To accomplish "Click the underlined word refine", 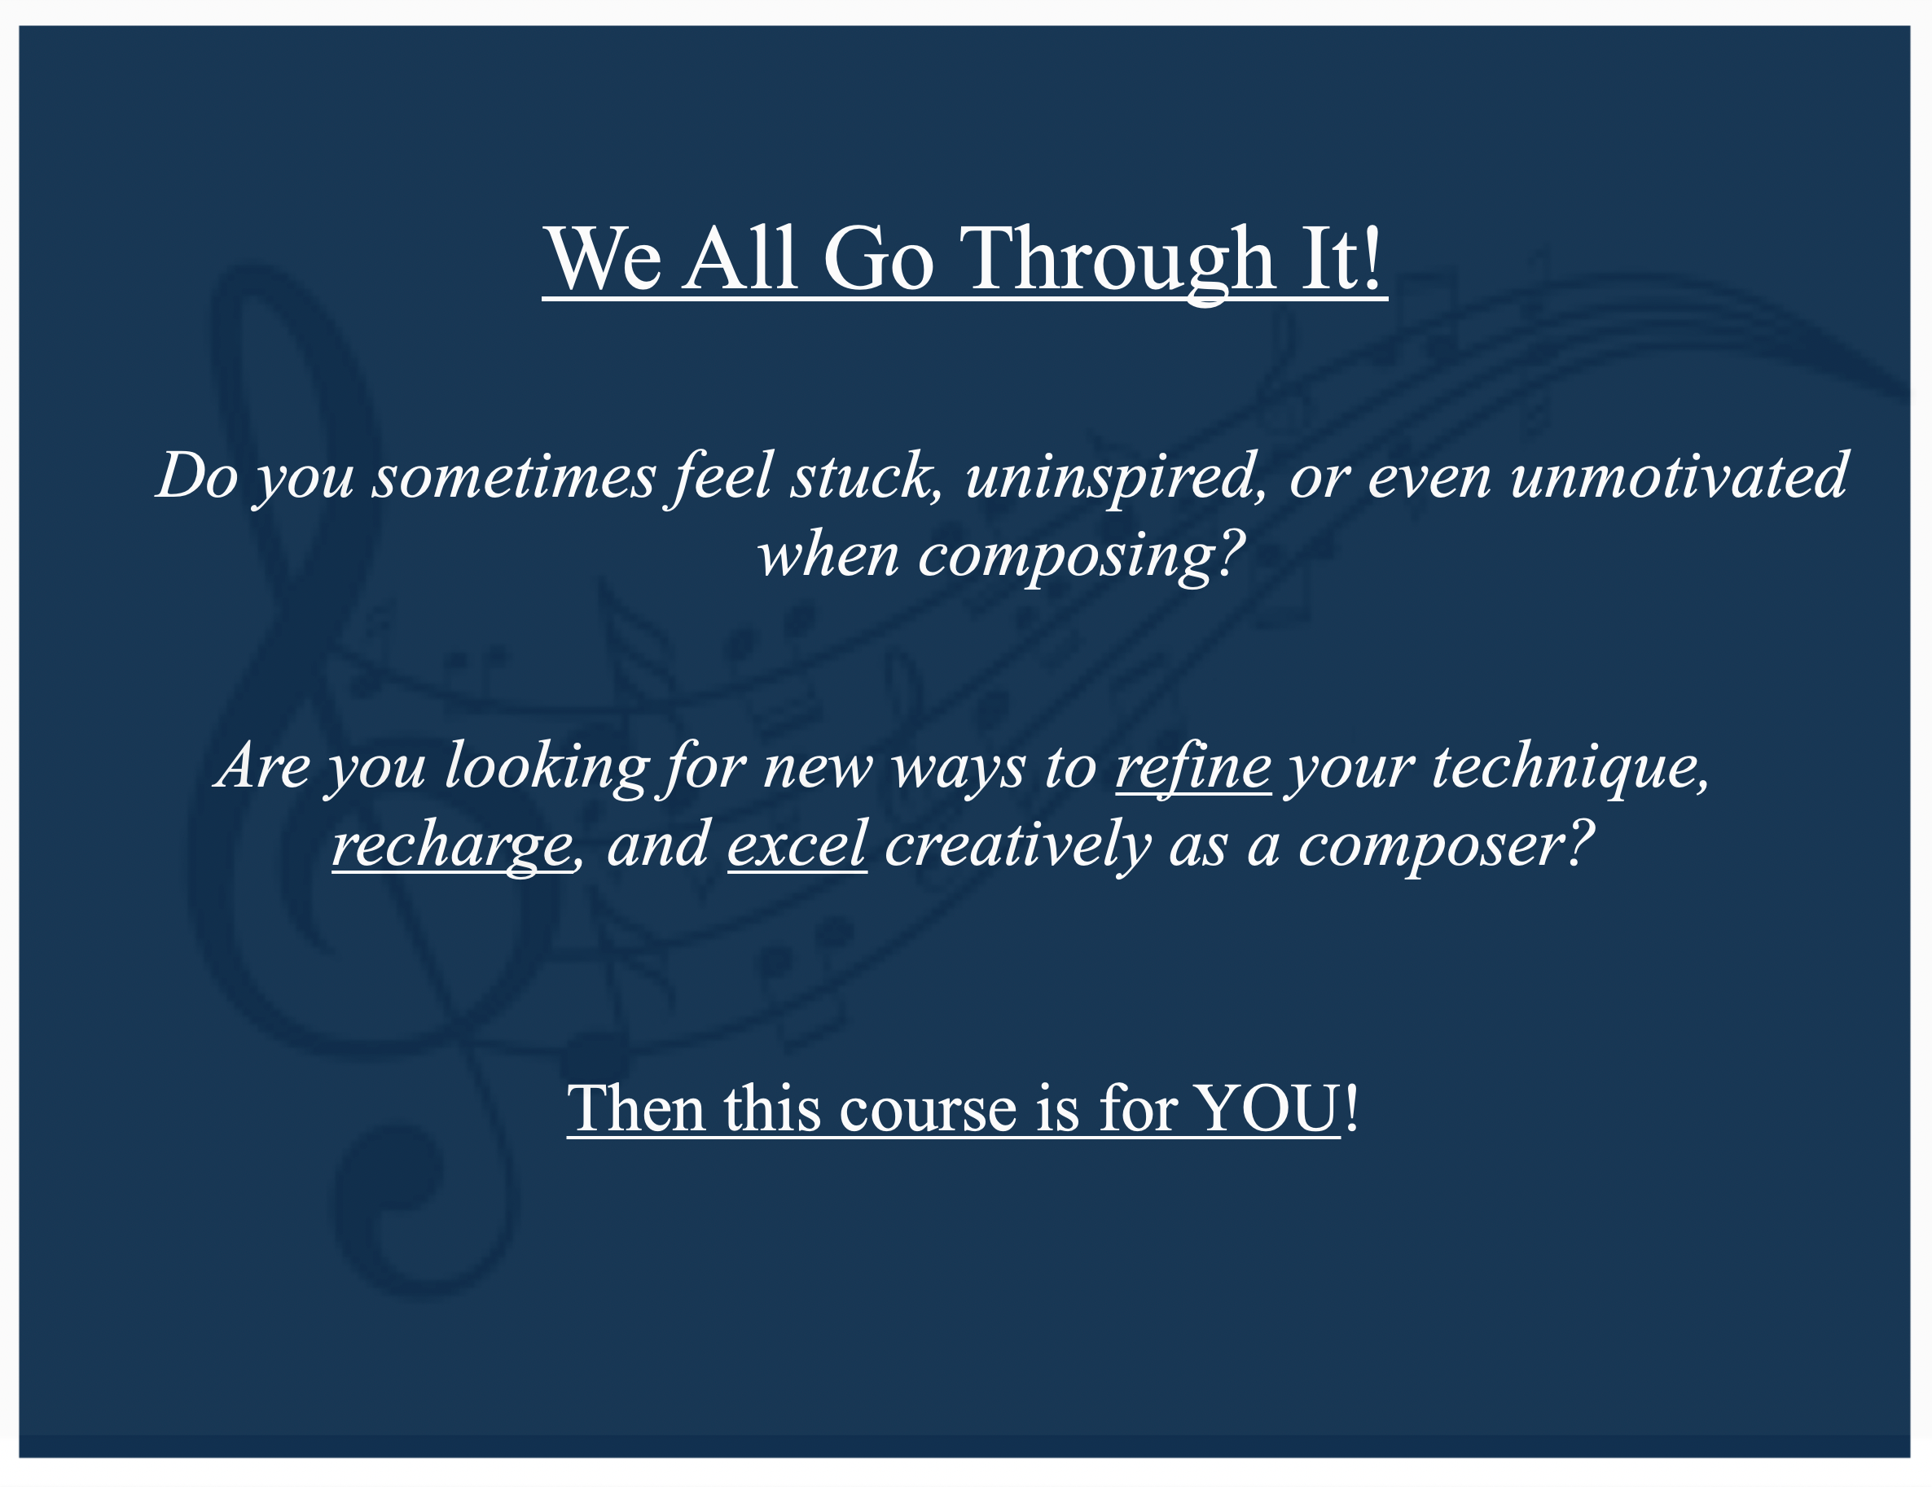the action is (1193, 768).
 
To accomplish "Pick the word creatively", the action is (1017, 844).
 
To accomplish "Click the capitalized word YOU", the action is (1267, 1109).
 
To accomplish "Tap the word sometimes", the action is (514, 478).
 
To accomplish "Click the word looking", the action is (547, 768).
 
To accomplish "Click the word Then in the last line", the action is (636, 1109).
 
